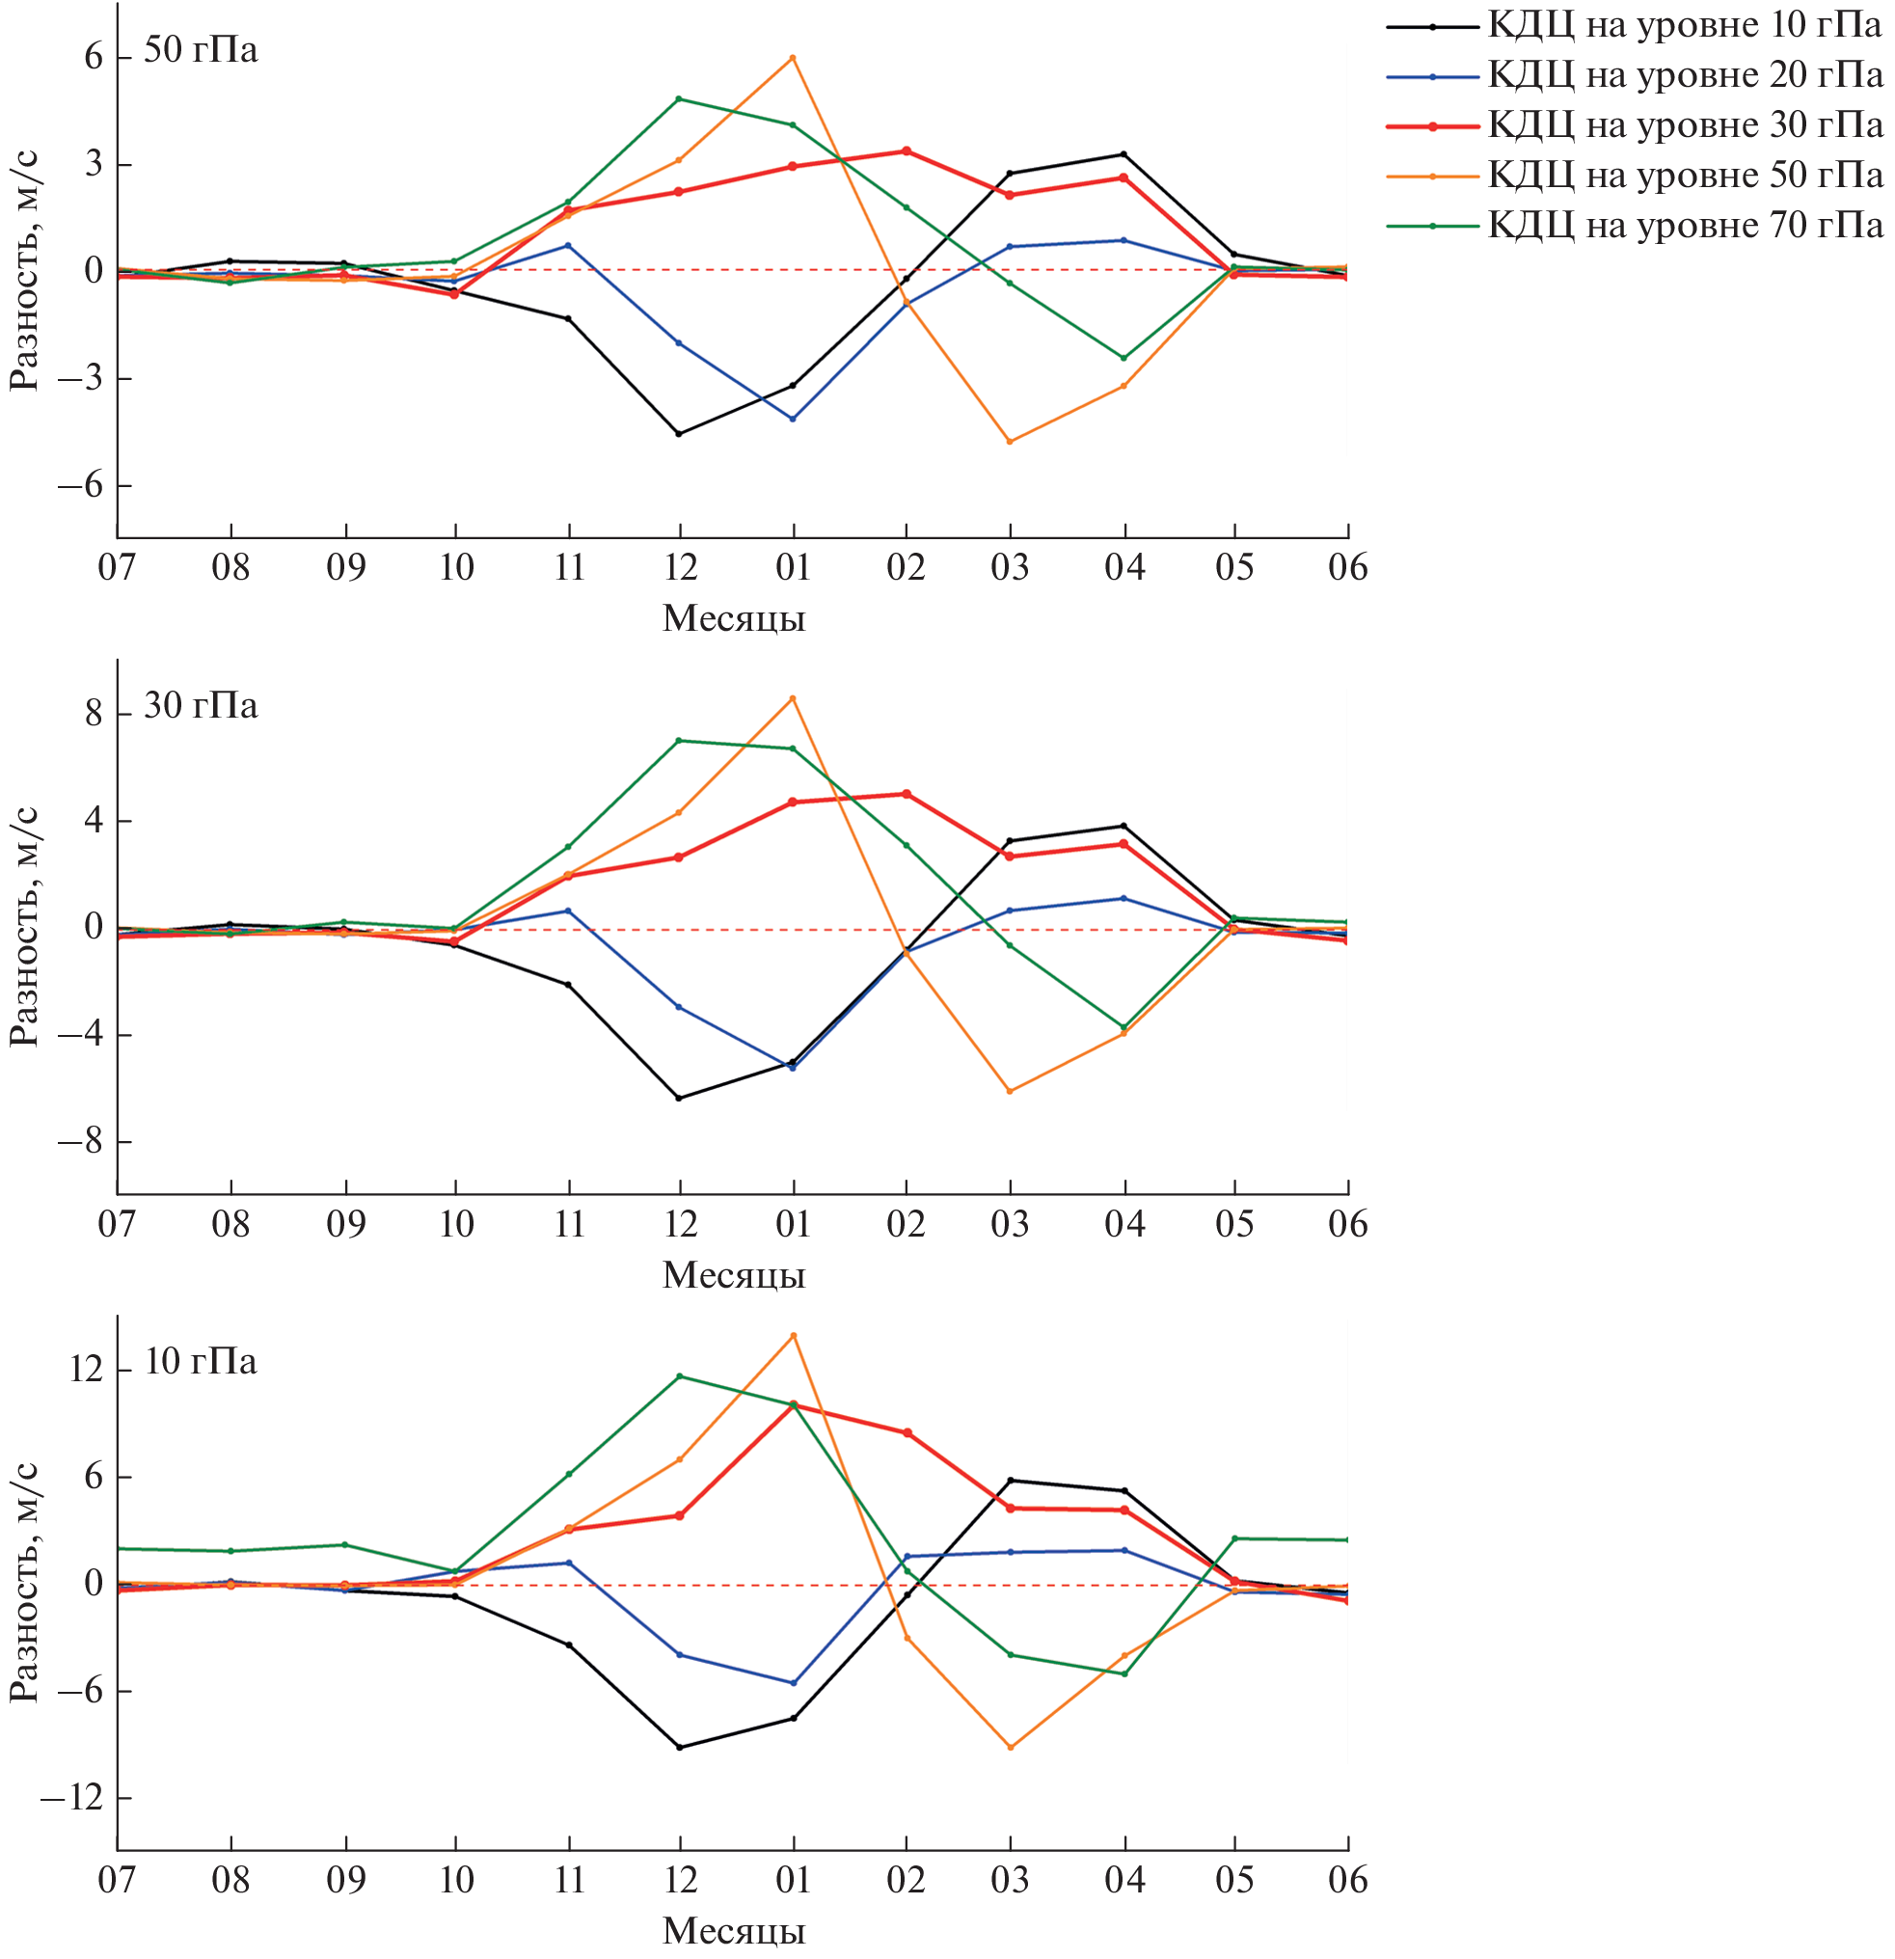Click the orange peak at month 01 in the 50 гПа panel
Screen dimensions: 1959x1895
tap(793, 58)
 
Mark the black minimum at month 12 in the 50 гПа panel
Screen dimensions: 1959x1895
tap(679, 434)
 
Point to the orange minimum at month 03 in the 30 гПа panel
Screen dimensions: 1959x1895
tap(1010, 1092)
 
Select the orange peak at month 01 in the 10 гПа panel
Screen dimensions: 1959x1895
tap(794, 1335)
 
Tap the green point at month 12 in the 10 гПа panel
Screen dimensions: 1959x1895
tap(680, 1376)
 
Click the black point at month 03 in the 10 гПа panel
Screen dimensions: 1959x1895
tap(1011, 1481)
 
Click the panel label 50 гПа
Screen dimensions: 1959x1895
tap(200, 50)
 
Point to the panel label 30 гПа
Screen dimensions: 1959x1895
tap(200, 706)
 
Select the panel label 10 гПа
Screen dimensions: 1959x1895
tap(200, 1361)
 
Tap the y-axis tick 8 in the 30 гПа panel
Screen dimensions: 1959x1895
tap(94, 714)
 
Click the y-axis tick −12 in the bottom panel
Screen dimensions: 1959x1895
tap(72, 1799)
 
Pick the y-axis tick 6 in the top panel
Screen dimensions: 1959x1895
tap(94, 57)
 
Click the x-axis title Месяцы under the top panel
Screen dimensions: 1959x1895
tap(734, 618)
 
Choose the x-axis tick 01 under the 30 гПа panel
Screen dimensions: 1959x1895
tap(793, 1224)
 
